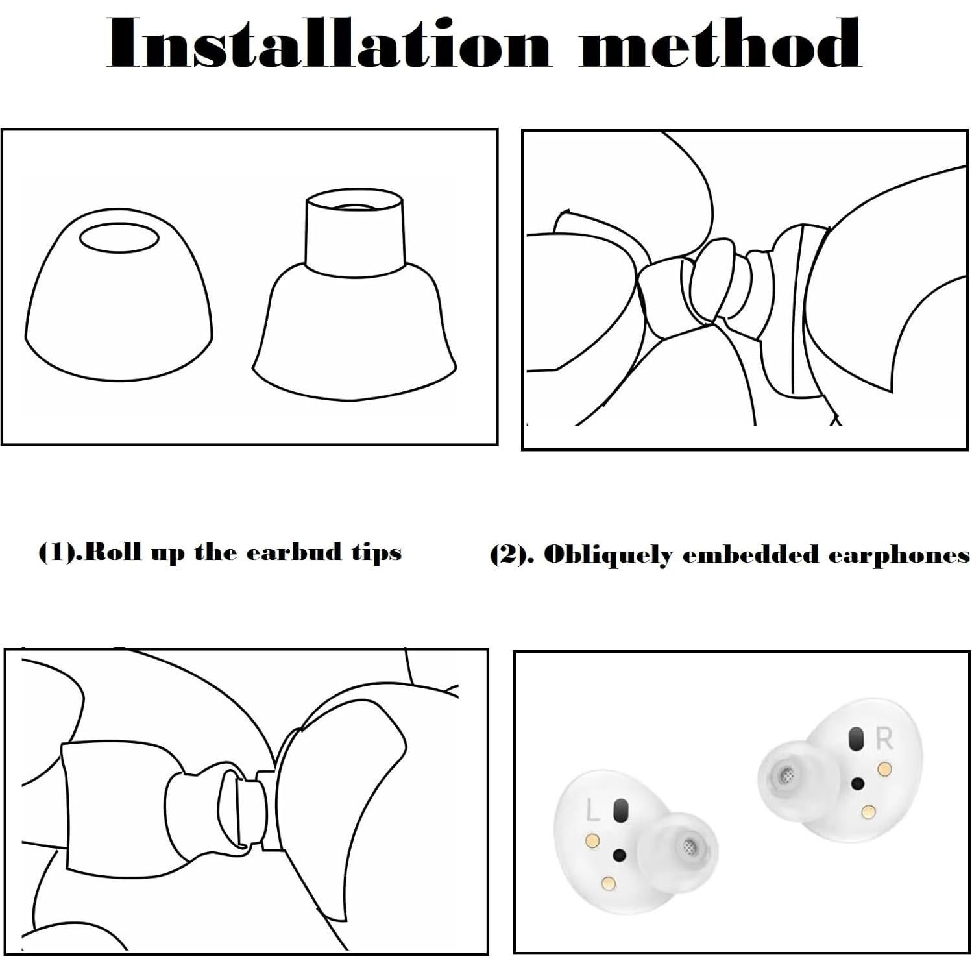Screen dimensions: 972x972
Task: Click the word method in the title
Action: click(x=720, y=43)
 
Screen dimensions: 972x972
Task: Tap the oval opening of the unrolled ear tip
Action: click(x=119, y=238)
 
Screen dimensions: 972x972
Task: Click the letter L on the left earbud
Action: click(x=592, y=810)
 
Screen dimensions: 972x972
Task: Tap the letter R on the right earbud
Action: click(x=884, y=739)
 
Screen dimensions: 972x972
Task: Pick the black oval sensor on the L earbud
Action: click(x=621, y=810)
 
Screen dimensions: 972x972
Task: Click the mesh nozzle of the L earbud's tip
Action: click(x=690, y=845)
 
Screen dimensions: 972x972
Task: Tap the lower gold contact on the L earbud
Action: click(x=609, y=882)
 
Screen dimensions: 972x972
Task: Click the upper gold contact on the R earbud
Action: click(x=883, y=770)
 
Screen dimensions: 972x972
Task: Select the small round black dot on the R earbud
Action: click(x=858, y=784)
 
